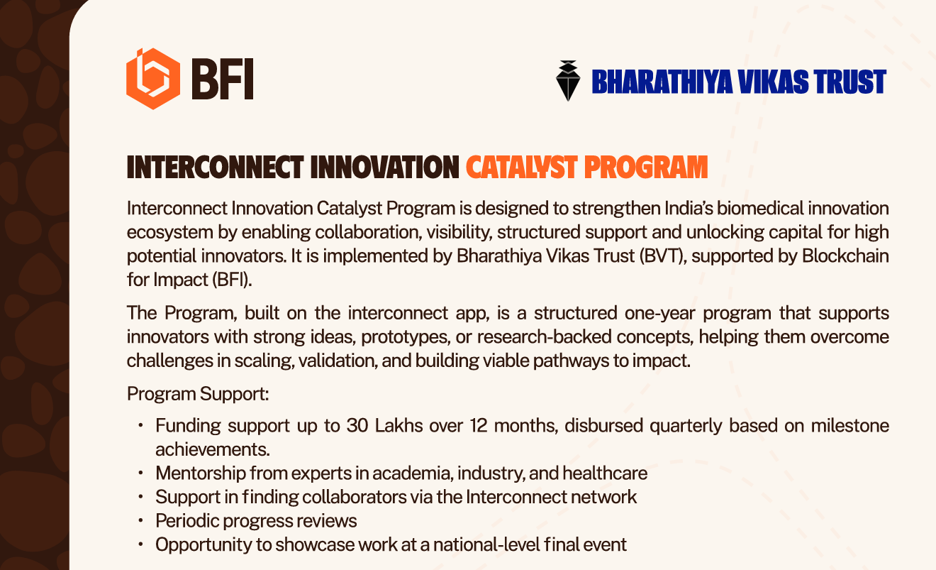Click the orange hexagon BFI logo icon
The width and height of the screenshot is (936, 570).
(153, 79)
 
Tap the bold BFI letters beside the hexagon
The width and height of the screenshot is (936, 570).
(223, 79)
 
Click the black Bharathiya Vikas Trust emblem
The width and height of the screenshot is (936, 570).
(568, 81)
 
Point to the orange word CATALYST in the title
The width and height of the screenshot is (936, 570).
(522, 168)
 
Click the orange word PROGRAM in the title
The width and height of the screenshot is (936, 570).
(646, 168)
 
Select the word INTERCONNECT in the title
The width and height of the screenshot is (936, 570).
(215, 168)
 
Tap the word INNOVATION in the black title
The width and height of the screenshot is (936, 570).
(384, 168)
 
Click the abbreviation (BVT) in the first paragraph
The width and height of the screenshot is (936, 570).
(663, 256)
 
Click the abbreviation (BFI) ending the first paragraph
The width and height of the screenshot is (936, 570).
(232, 280)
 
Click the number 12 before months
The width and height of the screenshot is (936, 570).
(479, 426)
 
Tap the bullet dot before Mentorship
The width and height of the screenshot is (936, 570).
(140, 473)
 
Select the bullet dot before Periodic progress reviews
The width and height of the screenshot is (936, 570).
(140, 521)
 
